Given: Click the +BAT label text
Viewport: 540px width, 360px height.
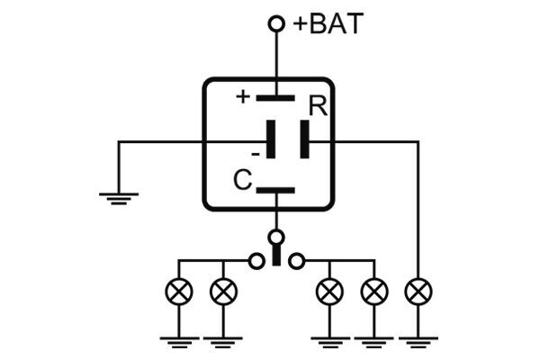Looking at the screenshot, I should tap(329, 24).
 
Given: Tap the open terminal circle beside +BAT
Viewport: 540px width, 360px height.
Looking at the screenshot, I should tap(276, 23).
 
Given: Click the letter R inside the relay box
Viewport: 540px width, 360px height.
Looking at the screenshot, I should tap(317, 106).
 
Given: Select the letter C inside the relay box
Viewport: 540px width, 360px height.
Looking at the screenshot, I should tap(242, 181).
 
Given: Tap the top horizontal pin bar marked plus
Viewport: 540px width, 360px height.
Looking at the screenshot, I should tap(276, 98).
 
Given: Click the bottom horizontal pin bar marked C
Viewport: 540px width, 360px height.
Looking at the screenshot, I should tap(276, 191).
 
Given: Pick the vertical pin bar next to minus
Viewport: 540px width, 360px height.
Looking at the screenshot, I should tap(269, 141).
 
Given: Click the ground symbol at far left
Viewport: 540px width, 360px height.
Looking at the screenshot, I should tap(118, 196).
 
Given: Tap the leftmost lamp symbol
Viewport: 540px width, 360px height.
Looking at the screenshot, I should tap(178, 292).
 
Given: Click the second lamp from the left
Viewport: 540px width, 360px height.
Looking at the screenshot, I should tap(221, 292).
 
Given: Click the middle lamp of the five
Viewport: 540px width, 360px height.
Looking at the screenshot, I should tap(331, 292).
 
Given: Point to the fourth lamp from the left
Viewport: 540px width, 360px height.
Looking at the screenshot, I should tap(373, 292).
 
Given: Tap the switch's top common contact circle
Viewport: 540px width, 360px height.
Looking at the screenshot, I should tap(276, 238).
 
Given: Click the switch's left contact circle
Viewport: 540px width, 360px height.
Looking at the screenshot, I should tap(256, 261).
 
